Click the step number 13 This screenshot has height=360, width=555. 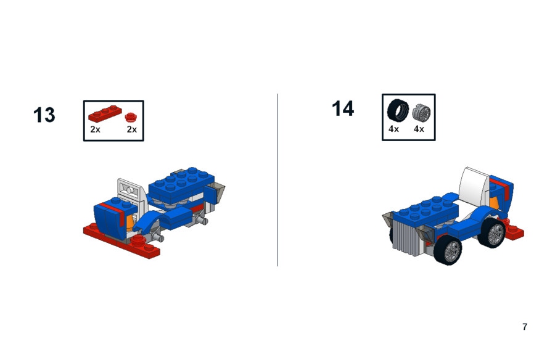point(44,115)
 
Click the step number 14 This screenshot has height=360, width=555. point(343,108)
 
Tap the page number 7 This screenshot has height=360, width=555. point(525,327)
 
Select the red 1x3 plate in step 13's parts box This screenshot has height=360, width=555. point(105,113)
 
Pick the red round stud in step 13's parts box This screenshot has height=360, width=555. point(131,117)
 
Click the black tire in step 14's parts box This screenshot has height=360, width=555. point(398,110)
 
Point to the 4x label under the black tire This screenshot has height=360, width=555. point(393,129)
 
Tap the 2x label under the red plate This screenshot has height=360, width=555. point(95,129)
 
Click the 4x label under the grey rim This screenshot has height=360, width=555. point(419,129)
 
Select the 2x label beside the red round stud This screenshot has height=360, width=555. point(132,129)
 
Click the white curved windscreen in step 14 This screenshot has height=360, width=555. point(474,186)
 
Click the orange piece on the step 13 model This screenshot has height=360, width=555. point(131,222)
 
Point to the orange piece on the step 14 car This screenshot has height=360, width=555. point(494,202)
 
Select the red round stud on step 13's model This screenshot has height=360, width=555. point(139,240)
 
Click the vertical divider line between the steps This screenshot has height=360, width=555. point(277,180)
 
